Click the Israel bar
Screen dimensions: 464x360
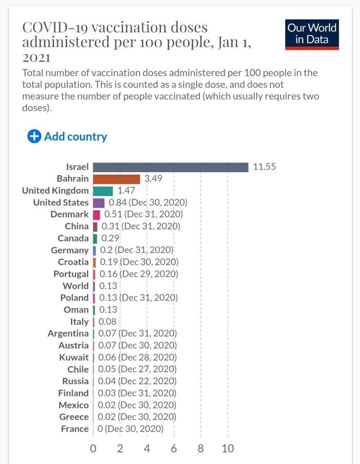171,167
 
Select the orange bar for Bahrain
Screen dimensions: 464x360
117,179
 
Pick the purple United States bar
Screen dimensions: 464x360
99,203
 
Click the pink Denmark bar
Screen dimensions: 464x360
96,214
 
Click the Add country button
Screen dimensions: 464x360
67,136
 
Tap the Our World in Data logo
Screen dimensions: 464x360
312,34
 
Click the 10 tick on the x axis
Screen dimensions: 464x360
228,449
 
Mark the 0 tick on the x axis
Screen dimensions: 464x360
93,449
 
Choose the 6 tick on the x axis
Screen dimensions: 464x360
174,449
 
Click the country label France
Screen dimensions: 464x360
75,429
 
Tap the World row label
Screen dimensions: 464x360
76,286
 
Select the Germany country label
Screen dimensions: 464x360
70,250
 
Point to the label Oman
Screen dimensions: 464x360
76,310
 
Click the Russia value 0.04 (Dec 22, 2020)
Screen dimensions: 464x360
137,381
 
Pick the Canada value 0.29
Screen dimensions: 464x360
110,238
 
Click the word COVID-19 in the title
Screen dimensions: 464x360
52,28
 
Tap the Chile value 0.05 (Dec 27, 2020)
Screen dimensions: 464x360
137,369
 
